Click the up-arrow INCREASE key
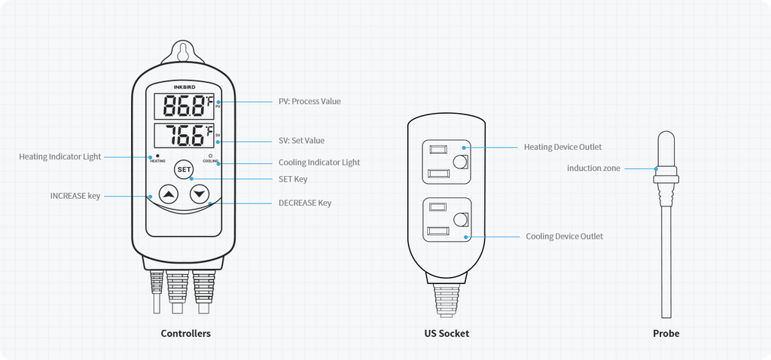click(169, 195)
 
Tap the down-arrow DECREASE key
click(200, 195)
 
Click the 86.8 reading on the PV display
click(183, 105)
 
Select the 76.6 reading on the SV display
click(183, 136)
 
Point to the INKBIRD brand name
click(184, 87)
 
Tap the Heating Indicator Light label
click(59, 157)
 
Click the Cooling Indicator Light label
click(319, 162)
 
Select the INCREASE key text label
click(75, 196)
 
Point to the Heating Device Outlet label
click(562, 147)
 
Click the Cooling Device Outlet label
click(564, 236)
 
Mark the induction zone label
click(593, 169)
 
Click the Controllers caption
click(185, 333)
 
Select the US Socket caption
click(446, 333)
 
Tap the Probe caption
click(666, 333)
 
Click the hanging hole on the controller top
click(184, 53)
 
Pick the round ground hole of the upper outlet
click(461, 162)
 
